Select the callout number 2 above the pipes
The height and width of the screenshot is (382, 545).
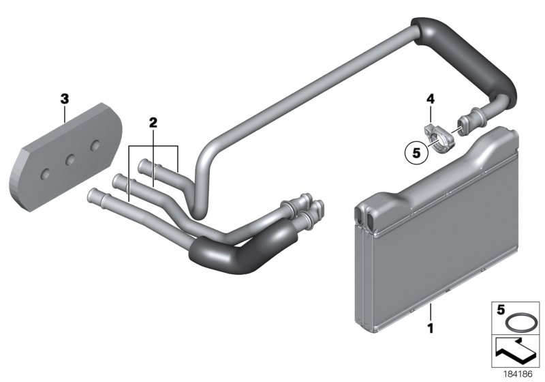(153, 123)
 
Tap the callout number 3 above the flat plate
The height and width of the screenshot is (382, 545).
(65, 99)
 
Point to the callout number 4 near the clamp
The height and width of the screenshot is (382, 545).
(430, 100)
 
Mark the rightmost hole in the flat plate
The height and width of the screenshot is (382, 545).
(95, 145)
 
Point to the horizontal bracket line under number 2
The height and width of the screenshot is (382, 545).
(153, 146)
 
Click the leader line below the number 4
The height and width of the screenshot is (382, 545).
(430, 113)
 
